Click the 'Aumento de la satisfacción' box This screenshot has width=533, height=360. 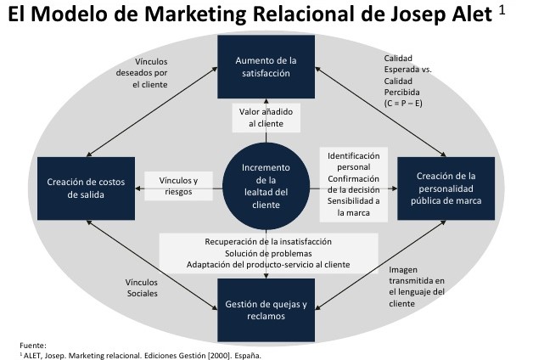point(266,66)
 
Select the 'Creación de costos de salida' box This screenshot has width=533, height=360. point(86,188)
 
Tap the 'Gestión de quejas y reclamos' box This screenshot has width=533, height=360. point(266,310)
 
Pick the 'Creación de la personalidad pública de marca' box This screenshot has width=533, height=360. point(446,188)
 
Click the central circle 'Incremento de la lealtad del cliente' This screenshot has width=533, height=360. point(266,186)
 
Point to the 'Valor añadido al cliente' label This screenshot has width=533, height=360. point(266,118)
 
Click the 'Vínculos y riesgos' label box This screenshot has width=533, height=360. point(179,186)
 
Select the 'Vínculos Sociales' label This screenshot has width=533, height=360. point(142,288)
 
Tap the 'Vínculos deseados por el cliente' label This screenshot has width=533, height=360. point(142,73)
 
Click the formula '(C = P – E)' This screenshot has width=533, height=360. point(403,103)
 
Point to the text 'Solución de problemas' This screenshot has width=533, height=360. point(268,253)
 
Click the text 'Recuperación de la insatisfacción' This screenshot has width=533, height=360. point(268,242)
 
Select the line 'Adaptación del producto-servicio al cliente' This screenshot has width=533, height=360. point(268,264)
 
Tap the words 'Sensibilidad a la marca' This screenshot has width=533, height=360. point(354,206)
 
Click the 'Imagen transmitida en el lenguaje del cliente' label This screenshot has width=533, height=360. point(417,287)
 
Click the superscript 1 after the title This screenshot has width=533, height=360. point(502,9)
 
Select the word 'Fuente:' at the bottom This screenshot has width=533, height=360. point(32,346)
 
